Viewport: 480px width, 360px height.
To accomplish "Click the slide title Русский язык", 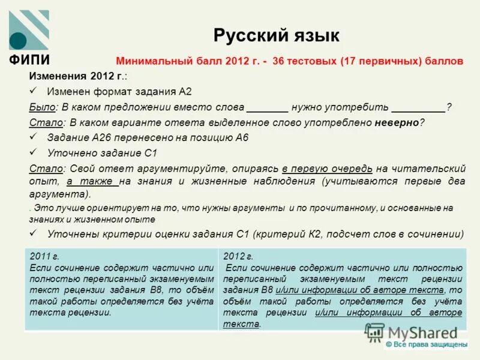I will point(276,35).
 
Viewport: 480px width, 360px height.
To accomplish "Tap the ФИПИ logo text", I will point(29,60).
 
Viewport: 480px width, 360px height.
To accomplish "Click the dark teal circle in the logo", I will point(19,40).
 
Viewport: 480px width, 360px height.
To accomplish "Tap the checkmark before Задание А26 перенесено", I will point(34,137).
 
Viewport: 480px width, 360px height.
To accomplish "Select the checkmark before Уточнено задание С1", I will point(34,152).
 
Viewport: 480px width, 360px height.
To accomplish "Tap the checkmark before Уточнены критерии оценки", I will point(34,234).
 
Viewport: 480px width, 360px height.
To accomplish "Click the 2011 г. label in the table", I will point(41,256).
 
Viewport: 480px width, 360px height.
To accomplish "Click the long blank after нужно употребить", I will point(418,107).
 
